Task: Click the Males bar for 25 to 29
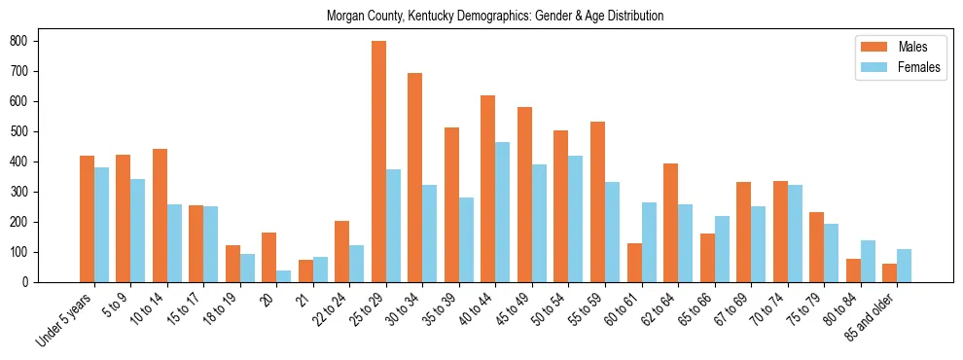click(x=378, y=162)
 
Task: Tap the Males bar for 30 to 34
click(x=415, y=178)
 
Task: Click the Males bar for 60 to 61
click(x=634, y=263)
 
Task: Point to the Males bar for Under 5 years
click(x=87, y=219)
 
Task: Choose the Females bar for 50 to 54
click(x=575, y=219)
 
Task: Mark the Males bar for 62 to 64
click(x=670, y=223)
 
